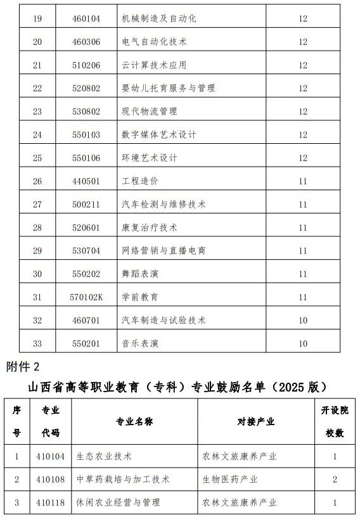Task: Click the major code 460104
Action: [x=87, y=18]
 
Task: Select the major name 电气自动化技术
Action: [x=154, y=42]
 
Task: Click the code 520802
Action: [x=87, y=88]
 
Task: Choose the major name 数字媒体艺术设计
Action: [x=159, y=134]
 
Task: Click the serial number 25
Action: [x=37, y=158]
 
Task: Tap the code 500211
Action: [x=87, y=204]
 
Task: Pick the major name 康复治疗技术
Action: [x=150, y=227]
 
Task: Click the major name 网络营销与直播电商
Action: [x=164, y=251]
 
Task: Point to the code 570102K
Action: [x=87, y=297]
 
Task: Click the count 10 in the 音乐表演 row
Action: [x=302, y=343]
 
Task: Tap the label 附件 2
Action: [x=23, y=366]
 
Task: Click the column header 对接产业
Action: [x=256, y=421]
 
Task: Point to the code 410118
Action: [x=51, y=502]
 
